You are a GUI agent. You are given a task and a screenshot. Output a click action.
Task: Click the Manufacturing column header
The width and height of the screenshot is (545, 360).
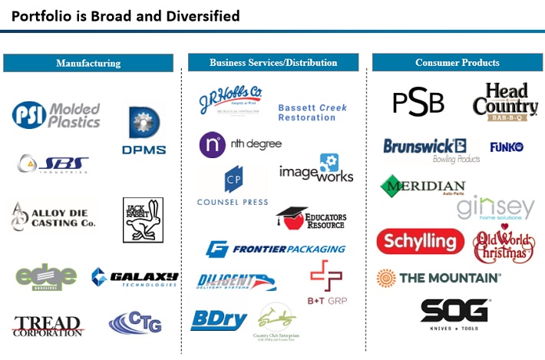88,63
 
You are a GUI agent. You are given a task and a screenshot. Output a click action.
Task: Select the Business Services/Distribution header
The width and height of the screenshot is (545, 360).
273,63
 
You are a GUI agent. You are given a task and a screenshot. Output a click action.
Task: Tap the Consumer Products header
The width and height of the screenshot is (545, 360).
457,63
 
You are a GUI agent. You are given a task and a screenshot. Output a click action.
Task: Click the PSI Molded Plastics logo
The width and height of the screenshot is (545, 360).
56,115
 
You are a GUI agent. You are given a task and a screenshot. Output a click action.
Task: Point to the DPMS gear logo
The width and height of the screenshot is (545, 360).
144,130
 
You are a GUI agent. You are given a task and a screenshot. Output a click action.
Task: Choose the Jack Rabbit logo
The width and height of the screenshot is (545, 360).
143,220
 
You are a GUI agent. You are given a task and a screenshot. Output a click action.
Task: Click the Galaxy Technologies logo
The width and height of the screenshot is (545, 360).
134,278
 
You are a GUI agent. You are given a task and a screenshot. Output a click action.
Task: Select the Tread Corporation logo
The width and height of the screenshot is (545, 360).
47,325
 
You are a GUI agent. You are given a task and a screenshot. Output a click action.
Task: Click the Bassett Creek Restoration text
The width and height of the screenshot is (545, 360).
312,113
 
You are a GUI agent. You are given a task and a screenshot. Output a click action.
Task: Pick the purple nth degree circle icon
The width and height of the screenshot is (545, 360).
211,144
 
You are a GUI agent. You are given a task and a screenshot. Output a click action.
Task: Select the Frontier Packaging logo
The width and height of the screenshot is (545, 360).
275,249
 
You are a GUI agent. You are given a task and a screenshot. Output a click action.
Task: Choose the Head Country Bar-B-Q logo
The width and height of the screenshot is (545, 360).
500,103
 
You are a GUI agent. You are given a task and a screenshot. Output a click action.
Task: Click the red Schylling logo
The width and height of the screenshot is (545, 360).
420,241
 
